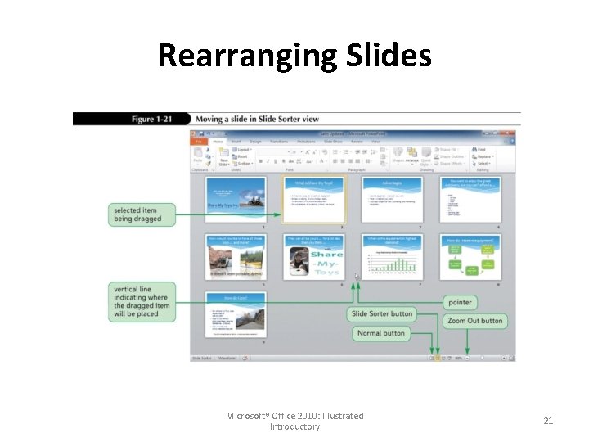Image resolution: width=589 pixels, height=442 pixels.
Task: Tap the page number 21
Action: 548,421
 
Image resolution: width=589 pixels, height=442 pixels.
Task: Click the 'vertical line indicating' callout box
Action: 142,302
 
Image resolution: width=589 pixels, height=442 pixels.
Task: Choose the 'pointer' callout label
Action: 461,302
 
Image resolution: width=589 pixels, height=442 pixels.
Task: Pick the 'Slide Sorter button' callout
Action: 381,314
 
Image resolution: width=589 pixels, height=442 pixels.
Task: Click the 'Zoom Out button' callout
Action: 474,320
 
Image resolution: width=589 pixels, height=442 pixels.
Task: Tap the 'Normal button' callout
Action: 380,333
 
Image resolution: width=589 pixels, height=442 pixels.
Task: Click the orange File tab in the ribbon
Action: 199,142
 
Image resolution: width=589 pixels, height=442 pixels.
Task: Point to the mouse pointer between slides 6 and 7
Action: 357,276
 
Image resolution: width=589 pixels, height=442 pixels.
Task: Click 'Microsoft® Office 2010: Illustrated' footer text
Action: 294,416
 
